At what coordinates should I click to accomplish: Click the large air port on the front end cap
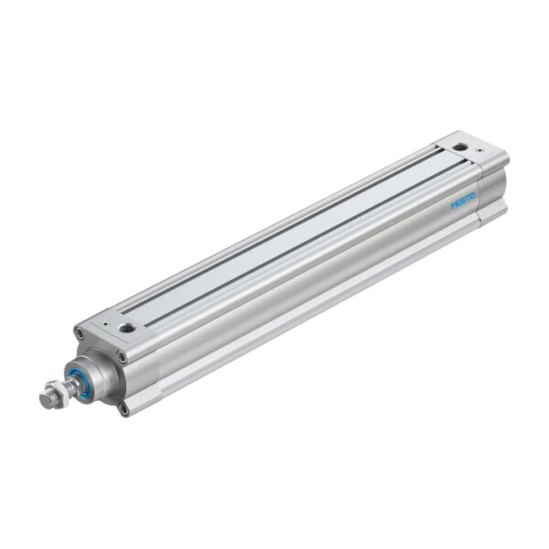(x=127, y=327)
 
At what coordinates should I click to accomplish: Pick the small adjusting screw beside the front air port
(x=106, y=323)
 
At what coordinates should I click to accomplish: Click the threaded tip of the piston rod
(x=46, y=400)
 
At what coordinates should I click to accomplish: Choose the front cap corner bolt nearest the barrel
(x=122, y=356)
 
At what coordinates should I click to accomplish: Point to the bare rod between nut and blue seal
(x=70, y=386)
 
